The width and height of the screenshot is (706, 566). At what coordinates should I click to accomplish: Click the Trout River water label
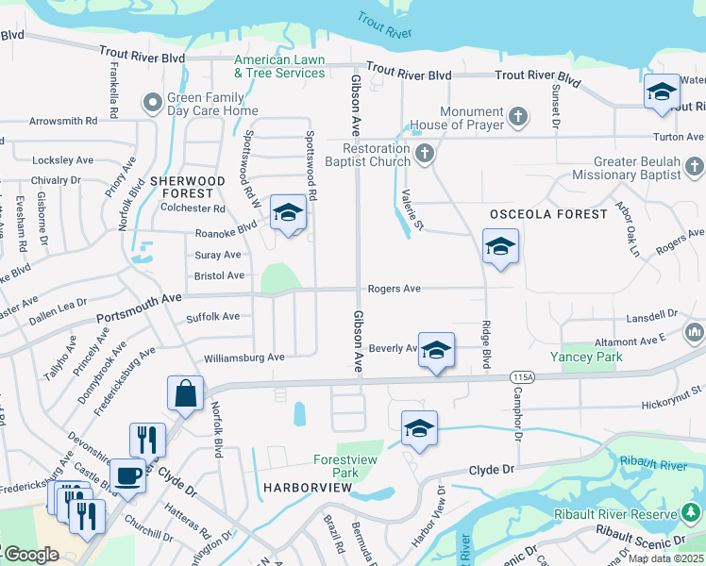pyautogui.click(x=385, y=25)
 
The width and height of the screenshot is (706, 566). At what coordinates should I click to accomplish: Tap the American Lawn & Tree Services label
pyautogui.click(x=279, y=66)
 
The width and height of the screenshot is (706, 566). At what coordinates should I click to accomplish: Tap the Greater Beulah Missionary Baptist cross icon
pyautogui.click(x=694, y=168)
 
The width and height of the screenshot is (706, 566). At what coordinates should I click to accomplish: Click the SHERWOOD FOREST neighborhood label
pyautogui.click(x=187, y=187)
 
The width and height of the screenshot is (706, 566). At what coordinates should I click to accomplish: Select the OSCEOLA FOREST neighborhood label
pyautogui.click(x=548, y=214)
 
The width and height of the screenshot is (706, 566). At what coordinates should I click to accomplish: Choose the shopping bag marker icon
pyautogui.click(x=186, y=392)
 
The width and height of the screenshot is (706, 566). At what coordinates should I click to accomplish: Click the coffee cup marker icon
pyautogui.click(x=127, y=475)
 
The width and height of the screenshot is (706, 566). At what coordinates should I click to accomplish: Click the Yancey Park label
pyautogui.click(x=591, y=358)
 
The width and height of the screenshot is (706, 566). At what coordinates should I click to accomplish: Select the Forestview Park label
pyautogui.click(x=337, y=467)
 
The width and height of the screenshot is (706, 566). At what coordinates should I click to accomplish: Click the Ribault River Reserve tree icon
pyautogui.click(x=692, y=512)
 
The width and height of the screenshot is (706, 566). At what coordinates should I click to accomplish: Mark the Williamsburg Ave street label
pyautogui.click(x=244, y=358)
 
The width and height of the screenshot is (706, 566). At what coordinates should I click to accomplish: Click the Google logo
pyautogui.click(x=30, y=555)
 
